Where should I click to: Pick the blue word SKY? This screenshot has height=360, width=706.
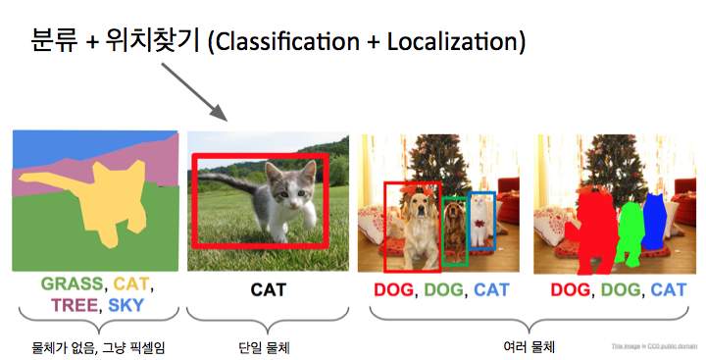click(125, 305)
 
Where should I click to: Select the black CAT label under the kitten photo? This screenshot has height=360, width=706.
click(267, 290)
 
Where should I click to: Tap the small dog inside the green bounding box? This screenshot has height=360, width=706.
click(454, 231)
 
